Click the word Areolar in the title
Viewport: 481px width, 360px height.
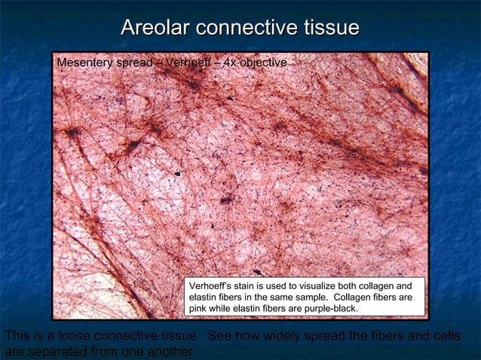[155, 29]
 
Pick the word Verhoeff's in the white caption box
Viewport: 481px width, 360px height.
[211, 287]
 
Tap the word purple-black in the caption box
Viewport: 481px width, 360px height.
[328, 309]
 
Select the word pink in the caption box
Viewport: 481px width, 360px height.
[199, 309]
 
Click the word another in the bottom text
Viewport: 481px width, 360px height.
[170, 351]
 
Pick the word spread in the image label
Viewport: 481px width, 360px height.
[133, 63]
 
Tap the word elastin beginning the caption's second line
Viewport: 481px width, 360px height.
[206, 297]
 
